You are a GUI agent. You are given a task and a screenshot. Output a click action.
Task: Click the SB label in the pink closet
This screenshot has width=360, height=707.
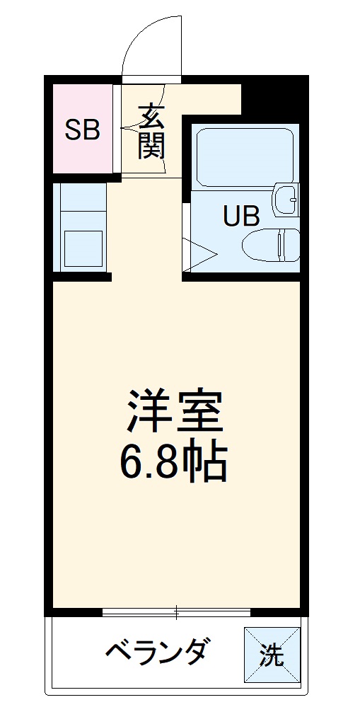click(x=83, y=130)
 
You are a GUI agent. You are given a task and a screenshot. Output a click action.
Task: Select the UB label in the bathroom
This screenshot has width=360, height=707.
click(x=242, y=215)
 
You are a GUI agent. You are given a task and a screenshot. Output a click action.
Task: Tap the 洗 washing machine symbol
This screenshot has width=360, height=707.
click(x=271, y=655)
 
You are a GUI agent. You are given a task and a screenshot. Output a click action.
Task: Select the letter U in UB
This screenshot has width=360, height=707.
click(x=233, y=215)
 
